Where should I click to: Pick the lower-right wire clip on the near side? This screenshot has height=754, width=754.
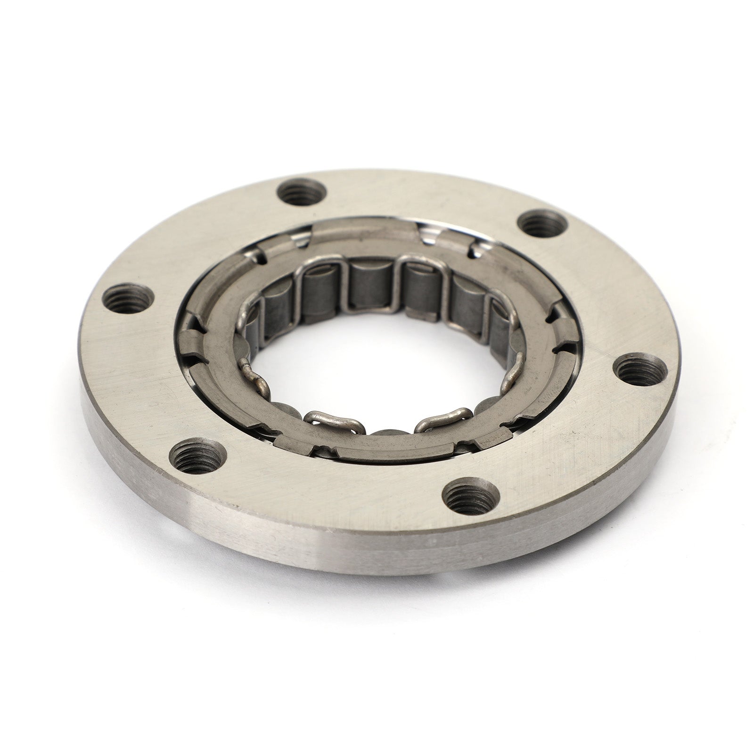pos(436,417)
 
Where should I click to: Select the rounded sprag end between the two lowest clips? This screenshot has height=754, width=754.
pos(384,431)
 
